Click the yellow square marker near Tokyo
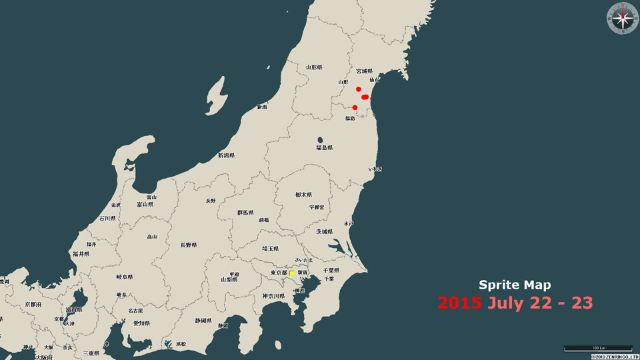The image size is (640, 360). (x=291, y=273)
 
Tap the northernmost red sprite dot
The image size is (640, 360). (x=359, y=89)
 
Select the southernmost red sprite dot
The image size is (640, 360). (x=355, y=107)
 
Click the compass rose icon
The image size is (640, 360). (x=623, y=18)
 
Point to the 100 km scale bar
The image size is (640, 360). (x=598, y=348)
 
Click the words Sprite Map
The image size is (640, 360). (x=515, y=285)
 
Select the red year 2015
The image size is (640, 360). (x=459, y=303)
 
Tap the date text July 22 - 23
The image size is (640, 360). (x=540, y=303)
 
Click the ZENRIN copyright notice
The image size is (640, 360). (x=614, y=357)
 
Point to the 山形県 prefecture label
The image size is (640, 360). (x=314, y=67)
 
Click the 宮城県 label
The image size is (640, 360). (x=364, y=71)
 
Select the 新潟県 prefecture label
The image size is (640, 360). (x=227, y=156)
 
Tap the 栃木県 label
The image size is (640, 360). (x=303, y=195)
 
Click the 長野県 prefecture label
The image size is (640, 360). (x=189, y=245)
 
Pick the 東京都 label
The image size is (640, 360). (x=279, y=273)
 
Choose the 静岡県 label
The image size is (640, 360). (x=203, y=321)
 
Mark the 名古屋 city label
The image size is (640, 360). (x=135, y=311)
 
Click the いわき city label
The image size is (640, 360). (x=375, y=169)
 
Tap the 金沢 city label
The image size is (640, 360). (x=116, y=205)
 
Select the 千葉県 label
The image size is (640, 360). (x=331, y=270)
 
